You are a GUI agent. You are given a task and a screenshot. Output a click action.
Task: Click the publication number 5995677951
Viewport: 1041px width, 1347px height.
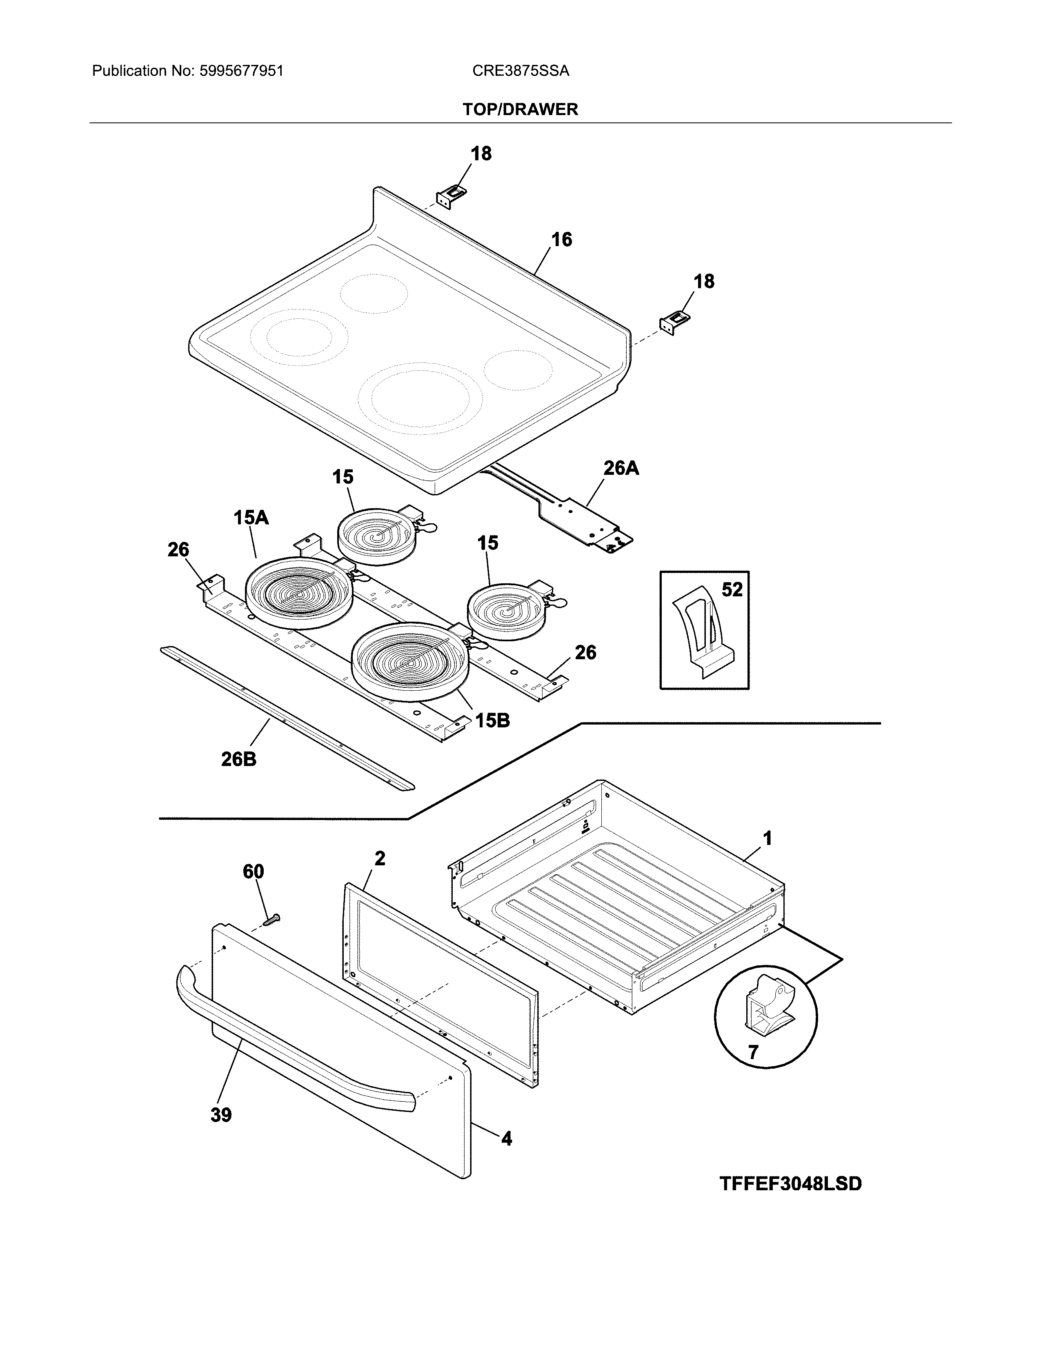pos(241,71)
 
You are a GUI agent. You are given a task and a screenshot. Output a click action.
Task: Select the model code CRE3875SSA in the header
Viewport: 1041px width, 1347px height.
pos(520,71)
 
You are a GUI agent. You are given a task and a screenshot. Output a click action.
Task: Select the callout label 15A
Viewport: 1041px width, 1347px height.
pos(251,518)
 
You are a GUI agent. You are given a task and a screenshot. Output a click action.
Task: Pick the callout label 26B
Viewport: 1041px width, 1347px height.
pos(239,759)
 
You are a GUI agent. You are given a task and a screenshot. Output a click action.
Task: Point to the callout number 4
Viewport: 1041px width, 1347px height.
pos(506,1138)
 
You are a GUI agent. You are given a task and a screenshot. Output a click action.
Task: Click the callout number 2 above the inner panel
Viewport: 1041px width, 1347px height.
pos(380,858)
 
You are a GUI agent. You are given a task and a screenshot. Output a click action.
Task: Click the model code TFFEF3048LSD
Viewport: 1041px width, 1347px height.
pos(791,1184)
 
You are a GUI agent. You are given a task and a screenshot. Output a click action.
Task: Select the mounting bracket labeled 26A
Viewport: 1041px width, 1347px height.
pos(586,521)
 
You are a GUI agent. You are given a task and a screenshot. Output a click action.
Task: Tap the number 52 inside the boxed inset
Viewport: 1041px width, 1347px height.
pos(732,590)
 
